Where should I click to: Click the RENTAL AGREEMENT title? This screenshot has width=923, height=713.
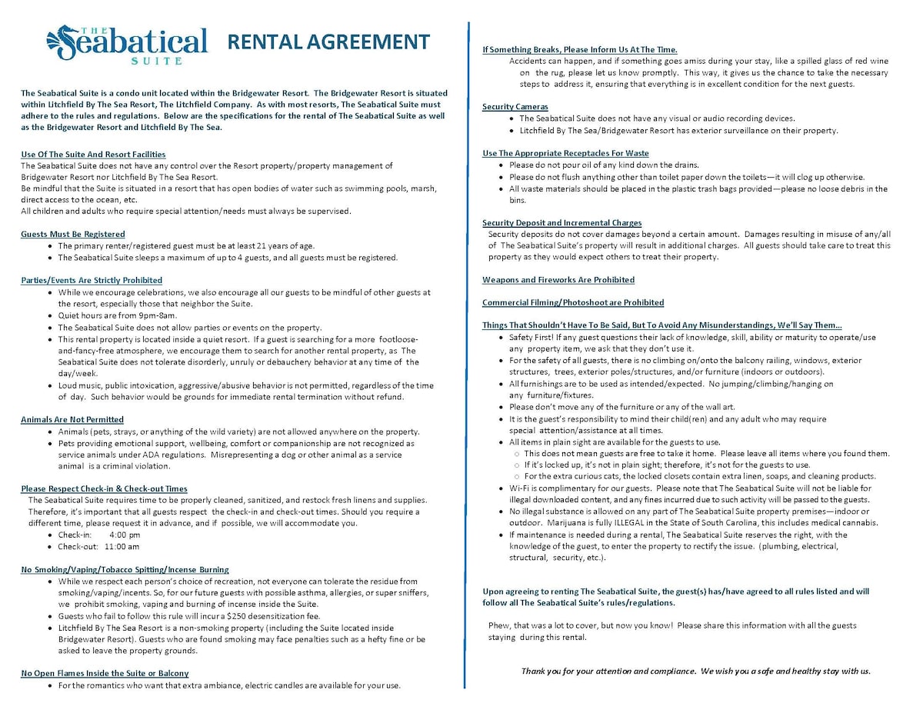point(328,42)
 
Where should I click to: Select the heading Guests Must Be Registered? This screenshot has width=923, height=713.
point(73,234)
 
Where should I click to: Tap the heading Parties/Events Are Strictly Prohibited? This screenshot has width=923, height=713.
point(92,280)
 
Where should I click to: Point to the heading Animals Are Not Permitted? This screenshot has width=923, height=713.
point(72,419)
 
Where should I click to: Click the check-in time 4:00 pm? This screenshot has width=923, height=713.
point(125,535)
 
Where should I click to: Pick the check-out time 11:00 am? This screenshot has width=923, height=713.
point(122,547)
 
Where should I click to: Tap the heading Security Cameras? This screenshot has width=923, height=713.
point(515,106)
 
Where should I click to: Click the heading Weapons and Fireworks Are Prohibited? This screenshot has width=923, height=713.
point(558,279)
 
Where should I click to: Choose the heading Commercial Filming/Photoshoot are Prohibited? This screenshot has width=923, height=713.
point(573,302)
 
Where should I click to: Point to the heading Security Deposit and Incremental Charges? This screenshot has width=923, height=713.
point(561,222)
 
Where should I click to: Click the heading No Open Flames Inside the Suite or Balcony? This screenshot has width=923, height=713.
point(105,673)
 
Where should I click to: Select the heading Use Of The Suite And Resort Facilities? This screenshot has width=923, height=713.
point(93,155)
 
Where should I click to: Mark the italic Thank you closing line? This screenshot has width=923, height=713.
point(695,671)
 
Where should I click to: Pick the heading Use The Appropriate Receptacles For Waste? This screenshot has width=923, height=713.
point(565,153)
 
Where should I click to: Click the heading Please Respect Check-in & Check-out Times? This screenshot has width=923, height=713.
point(104,488)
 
